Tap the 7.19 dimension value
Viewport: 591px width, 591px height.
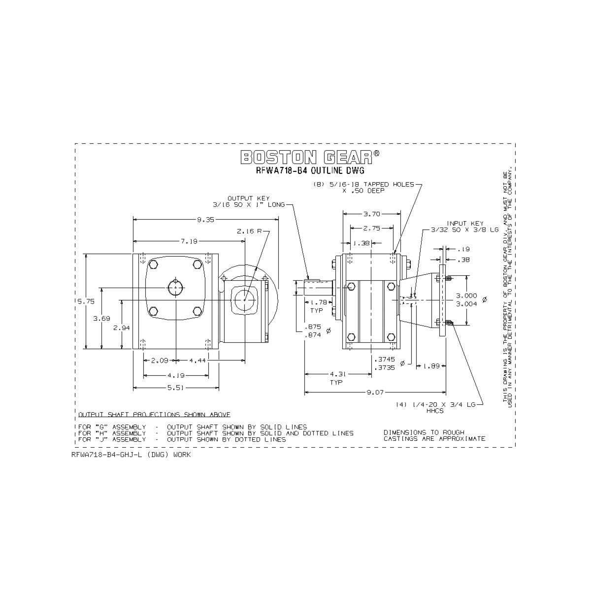click(x=189, y=241)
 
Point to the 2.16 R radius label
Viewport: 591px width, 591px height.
click(x=249, y=231)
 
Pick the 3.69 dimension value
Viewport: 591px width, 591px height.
click(x=101, y=319)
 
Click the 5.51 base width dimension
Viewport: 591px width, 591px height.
click(x=176, y=388)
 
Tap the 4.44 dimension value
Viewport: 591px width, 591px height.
click(x=197, y=361)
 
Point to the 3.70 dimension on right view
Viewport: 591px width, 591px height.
click(x=371, y=214)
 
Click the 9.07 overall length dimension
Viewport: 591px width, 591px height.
click(x=375, y=393)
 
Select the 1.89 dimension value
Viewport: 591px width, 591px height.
click(x=432, y=366)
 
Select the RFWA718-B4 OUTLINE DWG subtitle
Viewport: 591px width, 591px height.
click(x=309, y=171)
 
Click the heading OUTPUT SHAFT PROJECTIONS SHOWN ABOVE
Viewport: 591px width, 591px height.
click(x=154, y=414)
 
